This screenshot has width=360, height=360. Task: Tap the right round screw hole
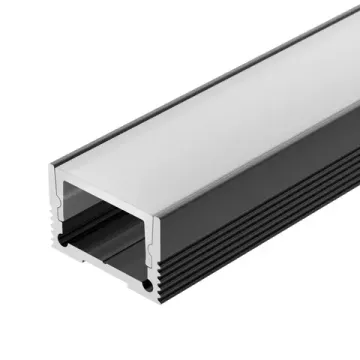click(148, 286)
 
